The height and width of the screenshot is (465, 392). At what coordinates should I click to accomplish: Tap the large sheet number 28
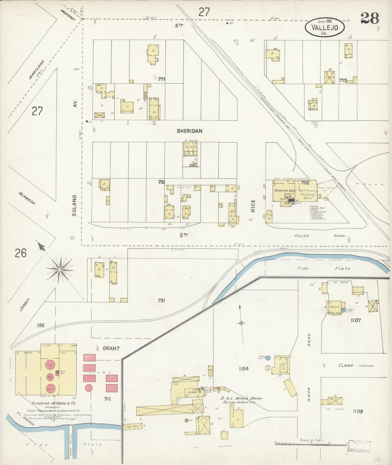click(370, 19)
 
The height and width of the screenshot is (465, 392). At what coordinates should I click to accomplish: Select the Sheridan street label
click(189, 131)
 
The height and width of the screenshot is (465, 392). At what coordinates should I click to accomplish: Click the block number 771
click(162, 79)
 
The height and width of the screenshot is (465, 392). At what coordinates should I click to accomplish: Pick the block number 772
click(343, 81)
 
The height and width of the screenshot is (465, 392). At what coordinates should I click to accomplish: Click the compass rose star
click(59, 269)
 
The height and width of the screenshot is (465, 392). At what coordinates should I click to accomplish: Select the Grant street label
click(111, 348)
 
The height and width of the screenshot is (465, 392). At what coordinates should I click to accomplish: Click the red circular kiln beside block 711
click(88, 388)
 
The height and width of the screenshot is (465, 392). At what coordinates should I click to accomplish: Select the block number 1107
click(355, 320)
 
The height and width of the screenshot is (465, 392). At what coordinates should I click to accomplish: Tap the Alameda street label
click(27, 199)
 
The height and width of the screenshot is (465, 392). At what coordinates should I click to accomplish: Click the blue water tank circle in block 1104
click(268, 358)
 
